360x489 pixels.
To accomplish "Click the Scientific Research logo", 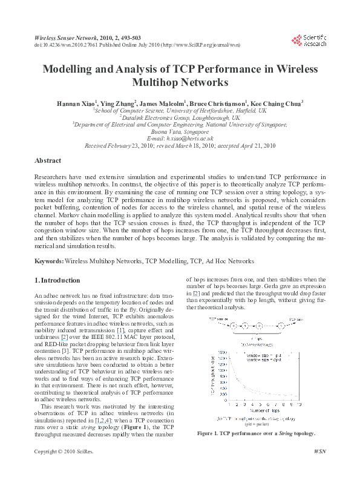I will tap(309, 40).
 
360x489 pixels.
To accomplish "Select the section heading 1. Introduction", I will tap(57, 280).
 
